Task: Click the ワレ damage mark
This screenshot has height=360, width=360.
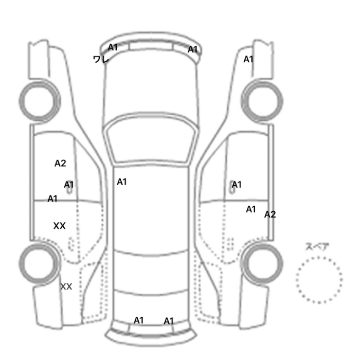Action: [x=101, y=59]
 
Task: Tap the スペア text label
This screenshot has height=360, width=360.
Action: [x=314, y=246]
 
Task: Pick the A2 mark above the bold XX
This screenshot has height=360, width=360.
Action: [x=60, y=163]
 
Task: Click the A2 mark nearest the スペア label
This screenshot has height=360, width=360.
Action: [x=270, y=214]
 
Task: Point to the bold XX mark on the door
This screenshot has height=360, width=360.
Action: [x=59, y=226]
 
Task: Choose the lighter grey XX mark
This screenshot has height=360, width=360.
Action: [x=66, y=286]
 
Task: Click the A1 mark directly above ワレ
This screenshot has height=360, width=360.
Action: [x=113, y=47]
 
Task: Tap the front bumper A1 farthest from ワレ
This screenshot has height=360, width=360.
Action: [x=192, y=49]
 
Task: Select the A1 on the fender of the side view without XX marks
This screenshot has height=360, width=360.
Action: [x=248, y=59]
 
